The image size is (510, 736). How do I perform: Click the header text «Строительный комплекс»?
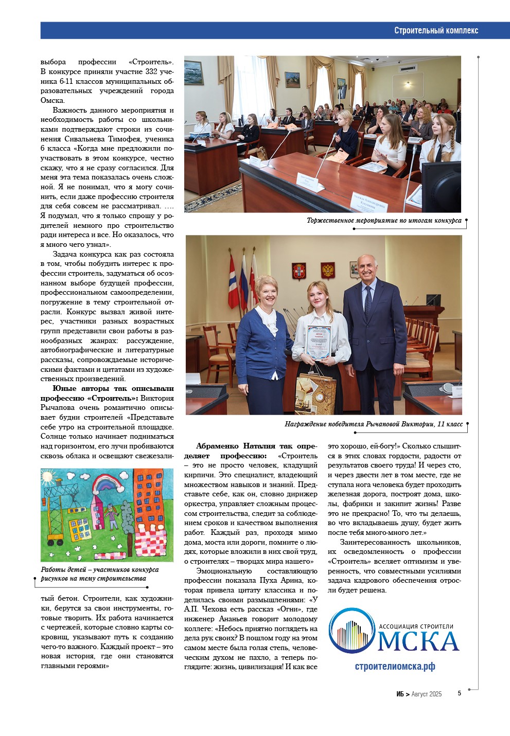436,30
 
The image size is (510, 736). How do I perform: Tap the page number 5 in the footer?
459,693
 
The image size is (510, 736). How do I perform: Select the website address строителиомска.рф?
395,666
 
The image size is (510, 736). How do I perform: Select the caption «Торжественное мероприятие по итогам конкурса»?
384,221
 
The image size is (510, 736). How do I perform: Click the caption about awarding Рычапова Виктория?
374,424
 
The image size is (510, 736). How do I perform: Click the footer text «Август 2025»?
426,694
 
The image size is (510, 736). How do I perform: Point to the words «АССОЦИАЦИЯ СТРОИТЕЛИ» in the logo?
416,626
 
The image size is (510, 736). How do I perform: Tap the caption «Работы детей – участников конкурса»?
99,569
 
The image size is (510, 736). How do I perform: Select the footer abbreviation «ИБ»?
400,694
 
